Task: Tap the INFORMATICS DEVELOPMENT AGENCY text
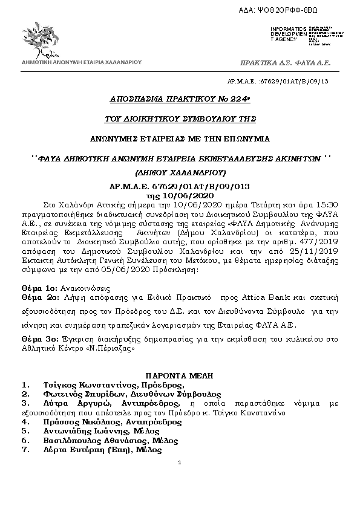pyautogui.click(x=288, y=34)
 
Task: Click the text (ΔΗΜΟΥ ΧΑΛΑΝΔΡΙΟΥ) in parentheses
pyautogui.click(x=180, y=172)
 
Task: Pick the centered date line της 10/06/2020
pyautogui.click(x=180, y=196)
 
